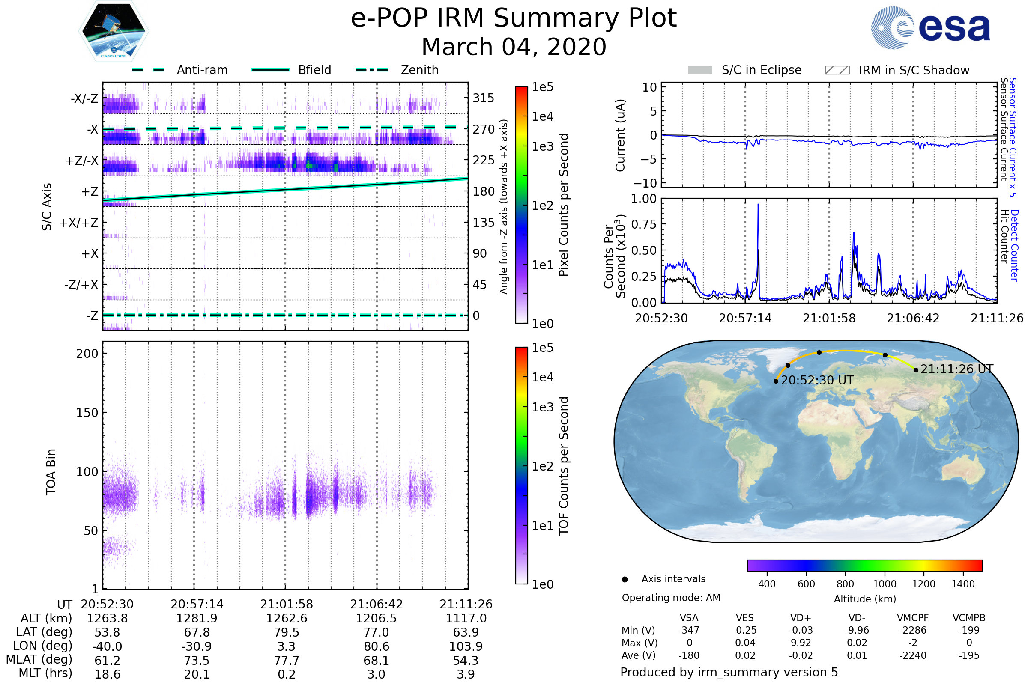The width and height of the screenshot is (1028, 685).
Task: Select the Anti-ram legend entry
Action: click(180, 70)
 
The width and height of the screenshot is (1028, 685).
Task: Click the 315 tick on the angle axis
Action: click(483, 98)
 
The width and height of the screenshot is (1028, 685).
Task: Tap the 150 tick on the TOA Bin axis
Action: click(87, 413)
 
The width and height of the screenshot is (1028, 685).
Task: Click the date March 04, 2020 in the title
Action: click(514, 47)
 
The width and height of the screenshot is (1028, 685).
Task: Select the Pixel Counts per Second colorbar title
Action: click(564, 205)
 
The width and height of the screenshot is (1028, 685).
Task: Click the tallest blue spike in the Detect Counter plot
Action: click(758, 205)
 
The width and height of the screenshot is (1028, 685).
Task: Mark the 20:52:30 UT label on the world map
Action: click(817, 381)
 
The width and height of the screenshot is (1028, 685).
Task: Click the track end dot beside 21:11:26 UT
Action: click(916, 370)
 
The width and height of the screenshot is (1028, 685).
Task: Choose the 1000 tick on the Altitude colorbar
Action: click(884, 584)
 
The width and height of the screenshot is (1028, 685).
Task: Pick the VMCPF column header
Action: click(913, 618)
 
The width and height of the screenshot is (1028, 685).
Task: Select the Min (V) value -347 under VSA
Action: click(689, 630)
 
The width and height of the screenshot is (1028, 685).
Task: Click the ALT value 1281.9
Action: click(197, 619)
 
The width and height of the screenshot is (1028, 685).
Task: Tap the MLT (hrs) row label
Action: click(45, 673)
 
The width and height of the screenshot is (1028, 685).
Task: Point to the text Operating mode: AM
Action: click(671, 598)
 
